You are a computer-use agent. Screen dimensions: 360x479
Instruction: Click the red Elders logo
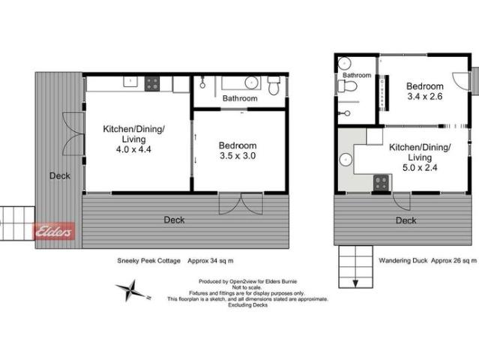coord(55,232)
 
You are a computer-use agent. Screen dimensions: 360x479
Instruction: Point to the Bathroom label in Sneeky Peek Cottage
coord(240,98)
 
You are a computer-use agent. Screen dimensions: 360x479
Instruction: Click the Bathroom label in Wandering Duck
coord(357,75)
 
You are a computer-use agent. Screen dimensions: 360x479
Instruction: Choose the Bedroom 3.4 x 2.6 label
coord(425,91)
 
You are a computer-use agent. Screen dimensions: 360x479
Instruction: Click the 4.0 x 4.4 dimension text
coord(134,148)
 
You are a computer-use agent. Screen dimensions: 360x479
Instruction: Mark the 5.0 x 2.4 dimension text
coord(420,168)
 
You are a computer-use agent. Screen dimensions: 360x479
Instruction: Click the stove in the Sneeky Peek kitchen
coord(152,83)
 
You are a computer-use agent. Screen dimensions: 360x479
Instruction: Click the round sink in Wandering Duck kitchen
coord(346,159)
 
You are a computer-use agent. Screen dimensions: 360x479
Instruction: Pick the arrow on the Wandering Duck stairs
coord(355,282)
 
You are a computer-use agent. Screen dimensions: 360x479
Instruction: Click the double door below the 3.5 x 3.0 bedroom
coord(241,203)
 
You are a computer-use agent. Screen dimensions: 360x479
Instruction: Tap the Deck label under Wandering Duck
coord(406,220)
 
